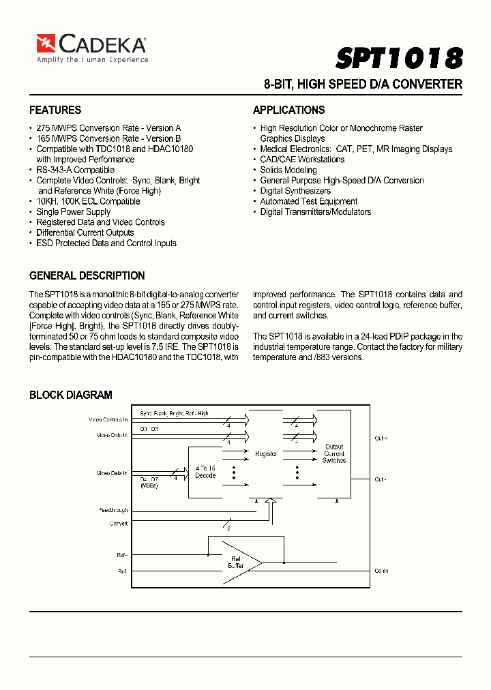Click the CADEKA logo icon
pyautogui.click(x=46, y=44)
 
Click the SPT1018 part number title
pyautogui.click(x=399, y=59)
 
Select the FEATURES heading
pyautogui.click(x=55, y=110)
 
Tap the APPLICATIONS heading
pyautogui.click(x=288, y=110)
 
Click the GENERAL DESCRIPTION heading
pyautogui.click(x=87, y=275)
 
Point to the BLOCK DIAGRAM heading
pyautogui.click(x=70, y=395)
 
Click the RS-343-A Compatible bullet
pyautogui.click(x=75, y=170)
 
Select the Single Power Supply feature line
pyautogui.click(x=73, y=211)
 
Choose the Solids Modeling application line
pyautogui.click(x=288, y=170)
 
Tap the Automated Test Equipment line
pyautogui.click(x=308, y=201)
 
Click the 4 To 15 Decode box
pyautogui.click(x=205, y=471)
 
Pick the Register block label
pyautogui.click(x=266, y=454)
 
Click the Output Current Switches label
pyautogui.click(x=334, y=453)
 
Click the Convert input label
pyautogui.click(x=119, y=524)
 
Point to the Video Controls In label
pyautogui.click(x=108, y=420)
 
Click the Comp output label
pyautogui.click(x=381, y=570)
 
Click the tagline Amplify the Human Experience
pyautogui.click(x=92, y=60)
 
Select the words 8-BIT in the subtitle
pyautogui.click(x=278, y=85)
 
